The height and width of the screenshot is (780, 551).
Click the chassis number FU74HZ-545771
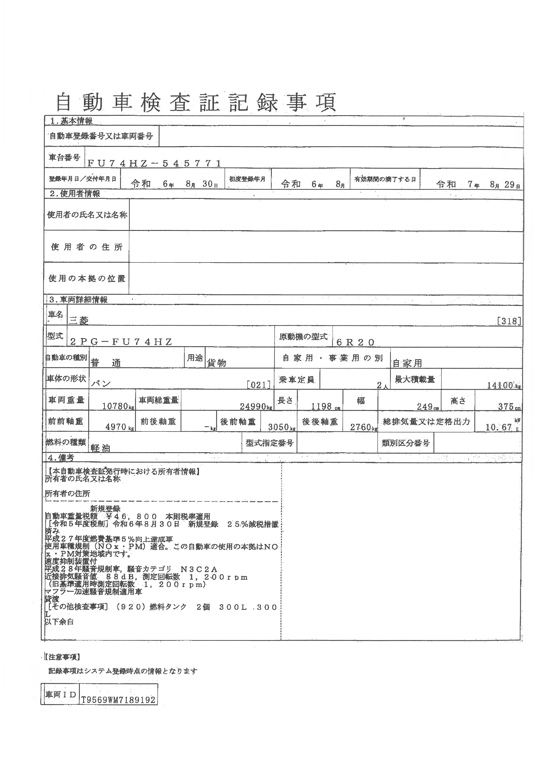(154, 163)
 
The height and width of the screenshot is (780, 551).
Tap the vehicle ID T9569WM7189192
(118, 700)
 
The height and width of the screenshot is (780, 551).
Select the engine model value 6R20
(355, 342)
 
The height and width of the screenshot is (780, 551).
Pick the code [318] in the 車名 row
(509, 321)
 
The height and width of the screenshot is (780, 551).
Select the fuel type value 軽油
(100, 448)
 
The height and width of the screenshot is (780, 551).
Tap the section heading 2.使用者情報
(75, 194)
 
